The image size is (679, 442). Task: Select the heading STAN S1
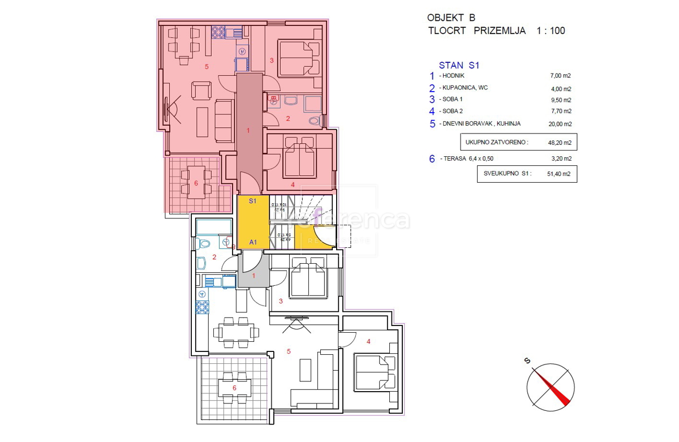point(459,65)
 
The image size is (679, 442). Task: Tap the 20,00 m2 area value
point(561,124)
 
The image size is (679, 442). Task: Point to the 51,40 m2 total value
point(561,174)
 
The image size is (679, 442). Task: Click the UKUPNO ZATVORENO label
point(496,143)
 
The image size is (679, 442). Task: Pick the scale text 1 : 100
point(550,31)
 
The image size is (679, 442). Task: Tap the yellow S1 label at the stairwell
point(253,201)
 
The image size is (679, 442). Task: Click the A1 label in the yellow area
point(253,242)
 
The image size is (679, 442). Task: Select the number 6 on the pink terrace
point(196,183)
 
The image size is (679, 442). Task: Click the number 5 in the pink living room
point(207,67)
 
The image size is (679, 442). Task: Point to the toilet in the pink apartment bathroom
point(315,121)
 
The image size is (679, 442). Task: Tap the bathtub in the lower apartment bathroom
point(213,228)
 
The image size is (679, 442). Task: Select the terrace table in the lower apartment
point(235,388)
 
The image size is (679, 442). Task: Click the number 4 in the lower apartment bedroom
point(368,341)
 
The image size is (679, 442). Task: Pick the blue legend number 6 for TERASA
point(432,160)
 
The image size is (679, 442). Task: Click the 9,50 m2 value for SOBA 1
point(561,100)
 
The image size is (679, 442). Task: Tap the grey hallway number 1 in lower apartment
point(253,276)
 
